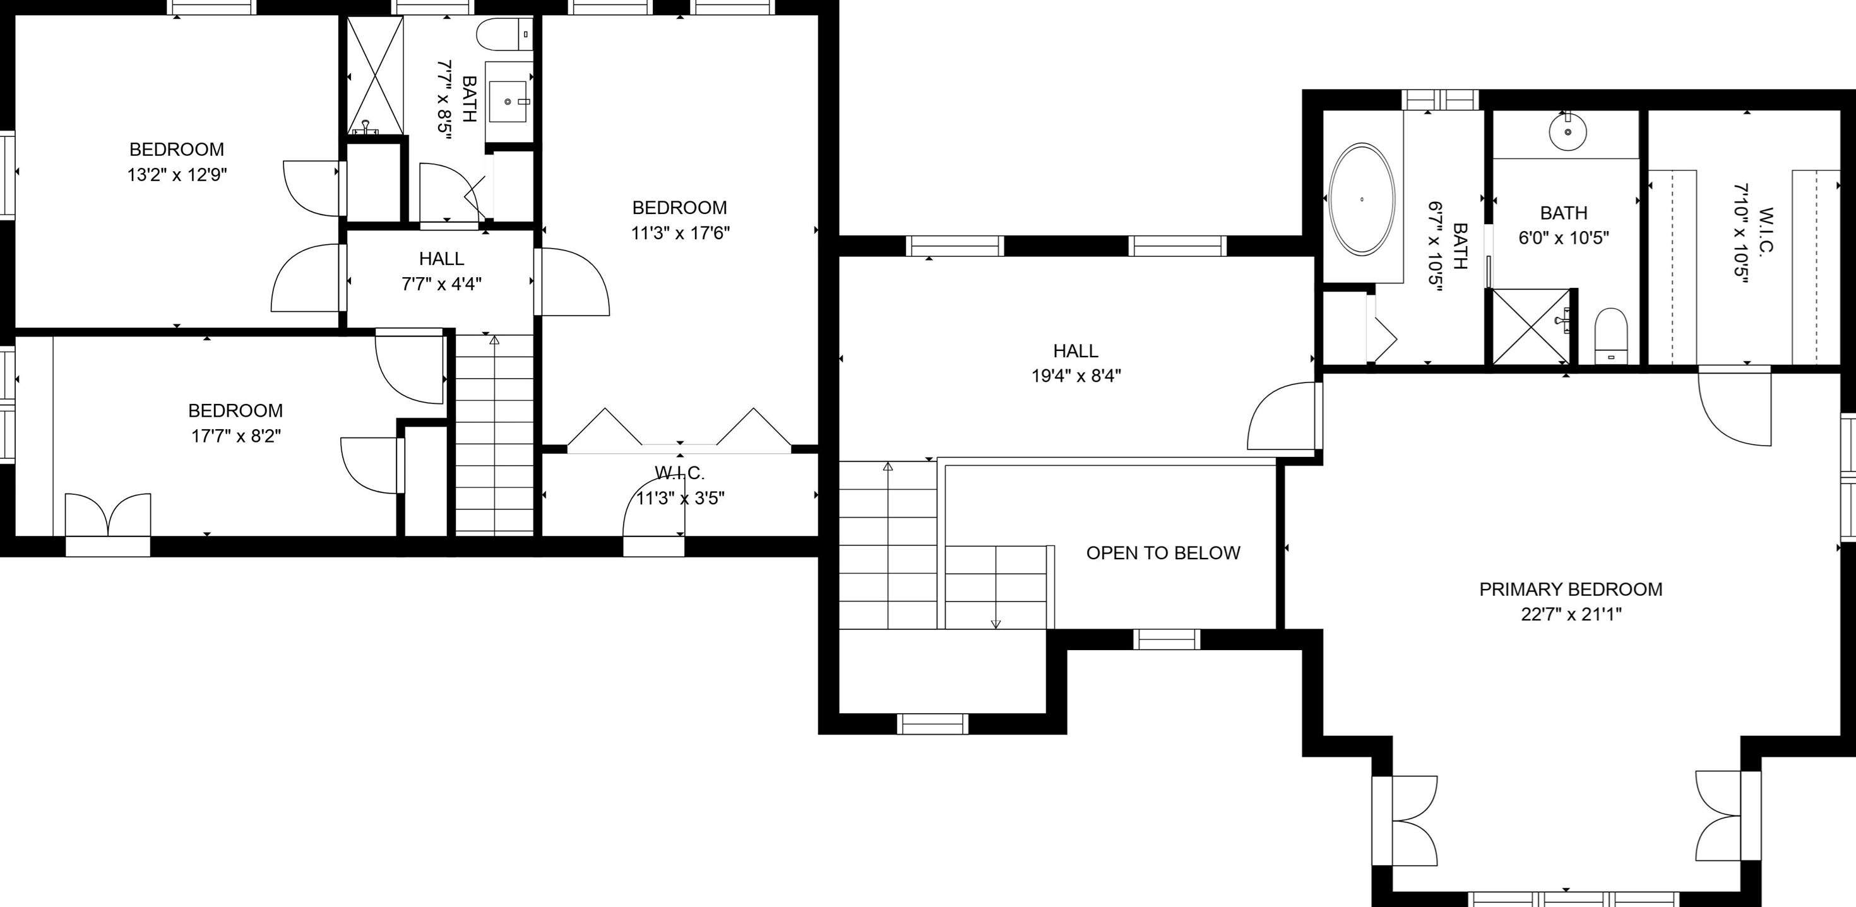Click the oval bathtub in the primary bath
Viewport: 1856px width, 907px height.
1361,199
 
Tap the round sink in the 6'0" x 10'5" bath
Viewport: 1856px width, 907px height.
1567,132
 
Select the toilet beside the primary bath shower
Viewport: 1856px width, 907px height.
1611,336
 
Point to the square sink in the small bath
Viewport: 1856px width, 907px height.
508,102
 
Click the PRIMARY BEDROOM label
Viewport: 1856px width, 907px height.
1571,590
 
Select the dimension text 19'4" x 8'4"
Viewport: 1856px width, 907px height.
1076,376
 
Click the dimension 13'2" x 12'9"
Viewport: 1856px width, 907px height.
177,174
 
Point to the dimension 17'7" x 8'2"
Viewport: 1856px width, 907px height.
235,436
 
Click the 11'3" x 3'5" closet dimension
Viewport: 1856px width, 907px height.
680,498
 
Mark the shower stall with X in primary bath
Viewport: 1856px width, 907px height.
1530,326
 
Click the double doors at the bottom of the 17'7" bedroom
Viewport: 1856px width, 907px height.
108,515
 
